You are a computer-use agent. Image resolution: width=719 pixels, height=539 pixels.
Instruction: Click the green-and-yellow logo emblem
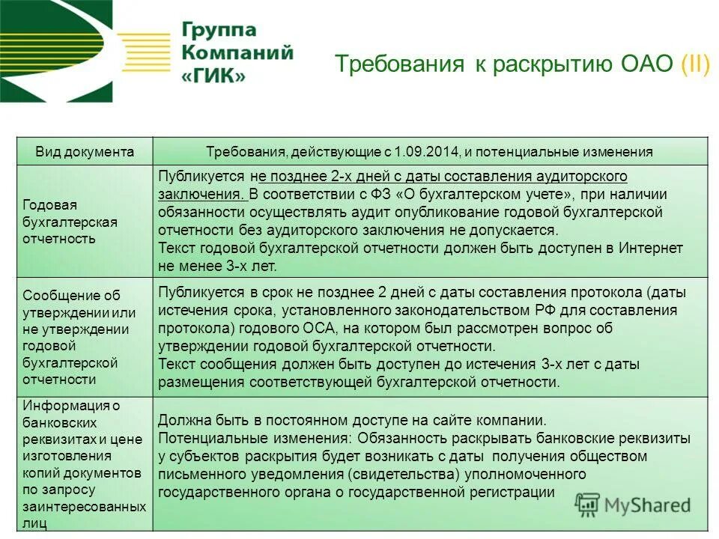coord(56,51)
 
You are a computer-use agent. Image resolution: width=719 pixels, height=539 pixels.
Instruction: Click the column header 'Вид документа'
coord(85,152)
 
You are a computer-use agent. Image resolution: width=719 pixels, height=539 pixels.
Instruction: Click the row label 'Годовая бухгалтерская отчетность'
coord(70,222)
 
